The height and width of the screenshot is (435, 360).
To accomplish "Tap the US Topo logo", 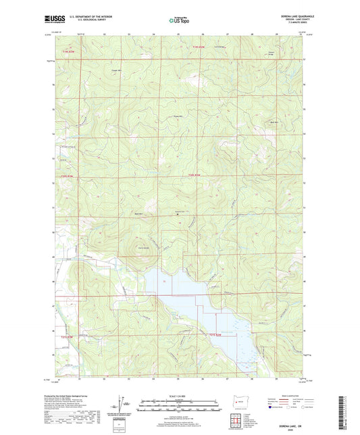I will (180, 20).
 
